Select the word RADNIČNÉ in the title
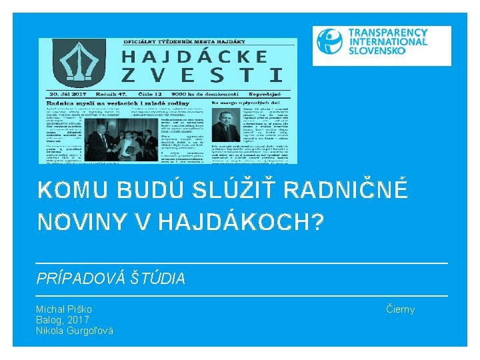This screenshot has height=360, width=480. click(345, 191)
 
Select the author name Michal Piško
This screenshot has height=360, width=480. click(64, 309)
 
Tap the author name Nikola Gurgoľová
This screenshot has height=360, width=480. click(75, 331)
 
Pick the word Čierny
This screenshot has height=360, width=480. click(400, 309)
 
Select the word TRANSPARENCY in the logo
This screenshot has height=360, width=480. click(389, 32)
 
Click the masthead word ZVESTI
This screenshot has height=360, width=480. click(201, 75)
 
